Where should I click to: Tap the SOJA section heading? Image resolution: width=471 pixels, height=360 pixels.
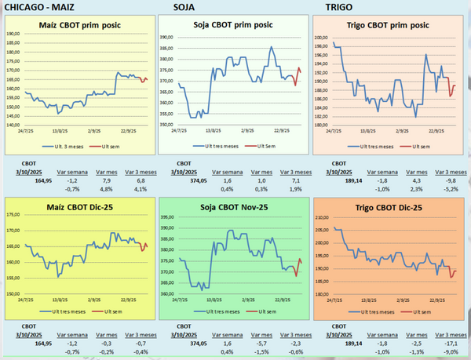[185, 9]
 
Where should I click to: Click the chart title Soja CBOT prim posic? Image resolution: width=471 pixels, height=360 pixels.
[233, 25]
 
